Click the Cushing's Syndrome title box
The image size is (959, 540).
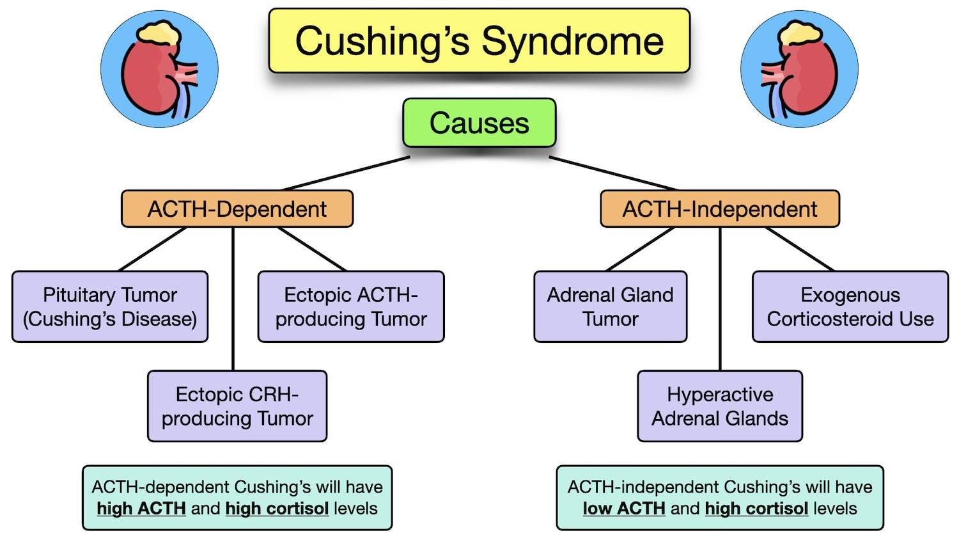[479, 41]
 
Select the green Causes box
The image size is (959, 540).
[479, 123]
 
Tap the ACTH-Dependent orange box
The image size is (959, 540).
[237, 209]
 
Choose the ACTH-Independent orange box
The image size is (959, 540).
[720, 209]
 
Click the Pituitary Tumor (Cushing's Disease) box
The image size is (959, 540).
[110, 306]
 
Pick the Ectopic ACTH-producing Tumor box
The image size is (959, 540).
[351, 306]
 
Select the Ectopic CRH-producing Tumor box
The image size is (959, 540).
[237, 406]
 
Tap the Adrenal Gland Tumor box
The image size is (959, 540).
[611, 306]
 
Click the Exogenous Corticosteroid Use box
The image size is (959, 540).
[850, 306]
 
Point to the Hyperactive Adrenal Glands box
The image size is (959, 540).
[720, 406]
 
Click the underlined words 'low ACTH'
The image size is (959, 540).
[624, 509]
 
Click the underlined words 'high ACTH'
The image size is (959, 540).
[141, 509]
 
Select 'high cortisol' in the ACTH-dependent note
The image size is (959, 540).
[277, 509]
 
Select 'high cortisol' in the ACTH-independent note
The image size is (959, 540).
[756, 509]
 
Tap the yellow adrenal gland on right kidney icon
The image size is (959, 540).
[800, 33]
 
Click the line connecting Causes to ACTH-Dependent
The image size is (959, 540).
[345, 173]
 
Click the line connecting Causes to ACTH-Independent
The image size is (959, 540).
[612, 173]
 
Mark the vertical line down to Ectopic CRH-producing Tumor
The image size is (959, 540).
[233, 301]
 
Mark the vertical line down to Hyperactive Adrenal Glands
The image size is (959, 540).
[721, 301]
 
